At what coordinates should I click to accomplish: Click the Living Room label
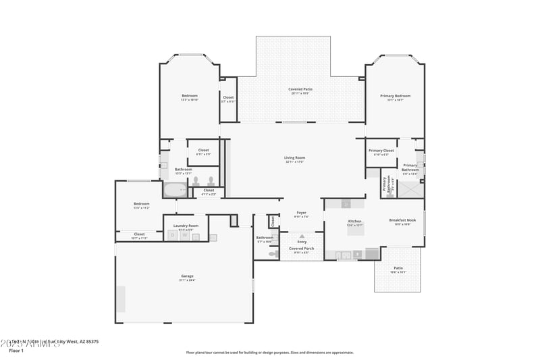pyautogui.click(x=295, y=157)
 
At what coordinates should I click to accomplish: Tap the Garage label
pyautogui.click(x=187, y=276)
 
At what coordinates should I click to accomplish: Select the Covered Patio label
pyautogui.click(x=300, y=89)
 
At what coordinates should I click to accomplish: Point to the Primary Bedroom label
pyautogui.click(x=395, y=96)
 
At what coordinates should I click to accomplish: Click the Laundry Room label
pyautogui.click(x=186, y=226)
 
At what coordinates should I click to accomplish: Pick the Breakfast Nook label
pyautogui.click(x=402, y=220)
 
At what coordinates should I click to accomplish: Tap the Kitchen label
pyautogui.click(x=354, y=222)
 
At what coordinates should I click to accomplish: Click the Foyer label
pyautogui.click(x=302, y=213)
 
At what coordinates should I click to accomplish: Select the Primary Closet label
pyautogui.click(x=381, y=151)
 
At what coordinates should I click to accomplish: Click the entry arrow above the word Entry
pyautogui.click(x=302, y=236)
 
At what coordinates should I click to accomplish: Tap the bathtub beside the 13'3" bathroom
pyautogui.click(x=176, y=190)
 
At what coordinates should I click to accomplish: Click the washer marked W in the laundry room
pyautogui.click(x=184, y=236)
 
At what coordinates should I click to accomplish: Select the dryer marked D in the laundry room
pyautogui.click(x=173, y=236)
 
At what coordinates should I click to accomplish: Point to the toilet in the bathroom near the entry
pyautogui.click(x=273, y=254)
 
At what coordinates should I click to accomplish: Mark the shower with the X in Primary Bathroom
pyautogui.click(x=410, y=189)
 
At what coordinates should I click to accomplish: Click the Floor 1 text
pyautogui.click(x=16, y=351)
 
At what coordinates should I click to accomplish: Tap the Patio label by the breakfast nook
pyautogui.click(x=398, y=268)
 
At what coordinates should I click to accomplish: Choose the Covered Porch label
pyautogui.click(x=302, y=249)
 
